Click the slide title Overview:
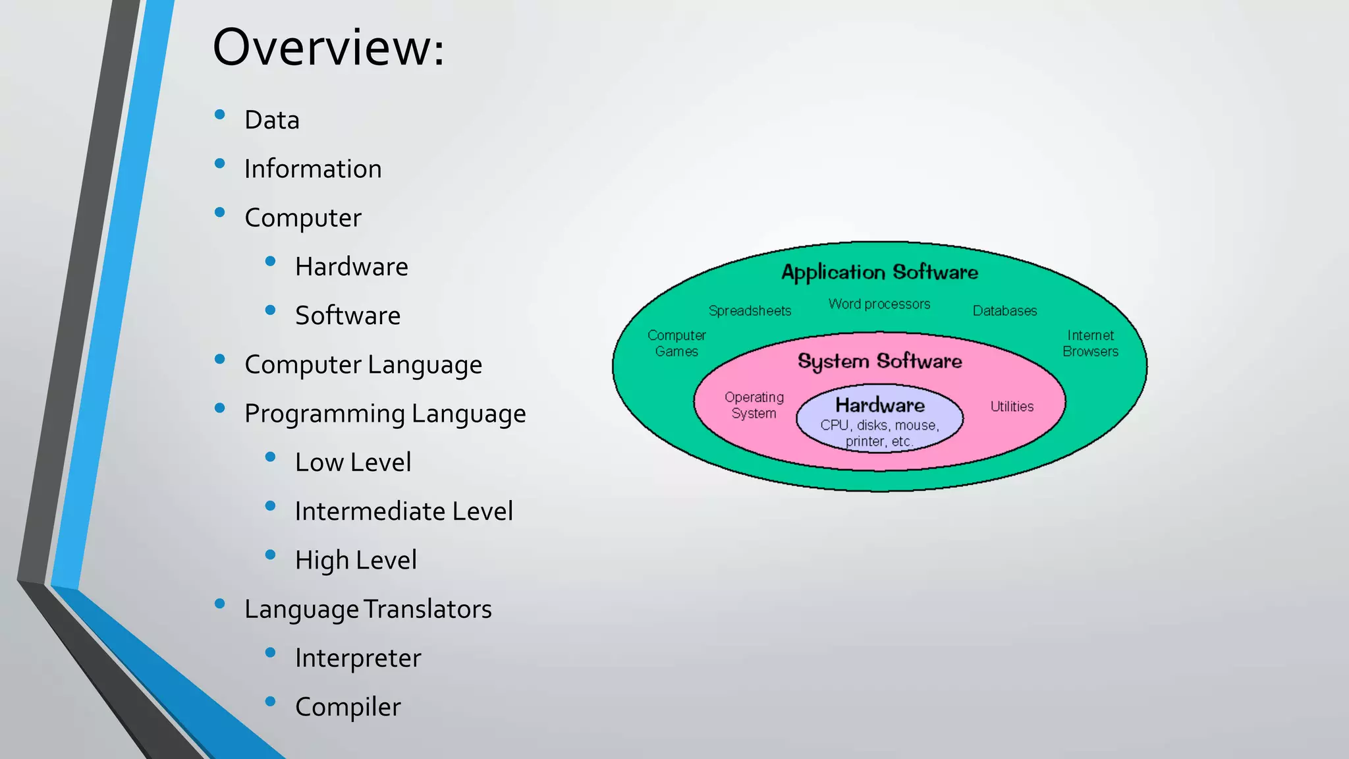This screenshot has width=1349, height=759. (x=328, y=49)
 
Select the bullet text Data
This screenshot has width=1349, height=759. (x=271, y=121)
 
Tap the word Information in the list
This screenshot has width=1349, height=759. (x=313, y=169)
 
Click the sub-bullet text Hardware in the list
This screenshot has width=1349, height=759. (x=351, y=267)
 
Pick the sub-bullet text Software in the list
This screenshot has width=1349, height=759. (x=347, y=316)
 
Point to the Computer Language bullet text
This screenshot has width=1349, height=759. (x=363, y=365)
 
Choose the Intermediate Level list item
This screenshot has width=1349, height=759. (x=403, y=511)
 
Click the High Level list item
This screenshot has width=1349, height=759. (x=356, y=560)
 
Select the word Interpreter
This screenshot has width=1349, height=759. (x=358, y=658)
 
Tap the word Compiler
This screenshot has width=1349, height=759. (x=347, y=707)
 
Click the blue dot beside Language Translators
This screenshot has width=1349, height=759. (x=220, y=604)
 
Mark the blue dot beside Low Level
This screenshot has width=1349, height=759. (x=270, y=457)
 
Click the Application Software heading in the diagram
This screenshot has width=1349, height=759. (x=879, y=272)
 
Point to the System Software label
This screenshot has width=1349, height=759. (x=879, y=361)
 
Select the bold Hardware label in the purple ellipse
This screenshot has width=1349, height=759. (x=879, y=405)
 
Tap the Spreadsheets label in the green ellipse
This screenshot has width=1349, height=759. (x=750, y=311)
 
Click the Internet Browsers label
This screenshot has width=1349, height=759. (x=1090, y=343)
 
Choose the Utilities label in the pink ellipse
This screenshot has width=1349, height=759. (x=1012, y=407)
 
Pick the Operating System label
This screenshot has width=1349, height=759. (x=754, y=405)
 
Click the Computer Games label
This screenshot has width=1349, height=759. (x=676, y=343)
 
